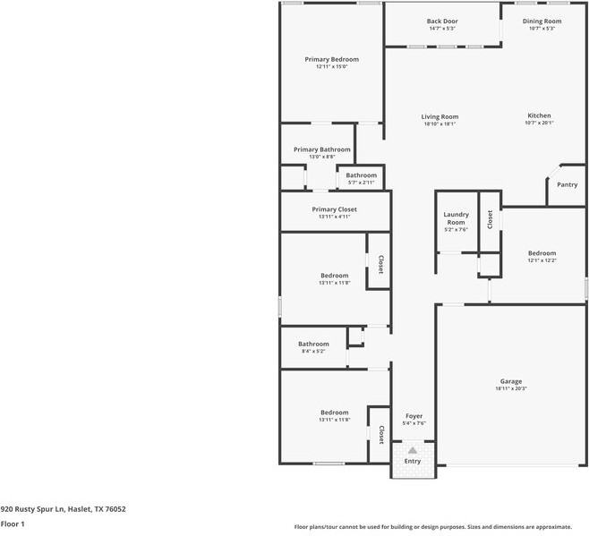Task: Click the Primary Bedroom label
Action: click(331, 59)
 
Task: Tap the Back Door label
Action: click(442, 21)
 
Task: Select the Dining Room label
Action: click(542, 21)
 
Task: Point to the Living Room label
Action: click(440, 116)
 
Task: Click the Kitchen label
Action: click(539, 115)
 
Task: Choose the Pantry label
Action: click(567, 184)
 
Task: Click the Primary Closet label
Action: click(334, 209)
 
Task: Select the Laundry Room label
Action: click(457, 218)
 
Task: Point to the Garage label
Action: click(511, 381)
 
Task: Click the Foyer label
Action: click(414, 416)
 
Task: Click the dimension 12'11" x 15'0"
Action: click(331, 66)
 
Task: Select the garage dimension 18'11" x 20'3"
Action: click(511, 388)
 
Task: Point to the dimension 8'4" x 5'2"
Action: click(313, 351)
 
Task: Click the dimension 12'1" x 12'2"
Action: click(542, 260)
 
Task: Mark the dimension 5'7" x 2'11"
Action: click(362, 182)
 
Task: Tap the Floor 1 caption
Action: click(13, 523)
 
